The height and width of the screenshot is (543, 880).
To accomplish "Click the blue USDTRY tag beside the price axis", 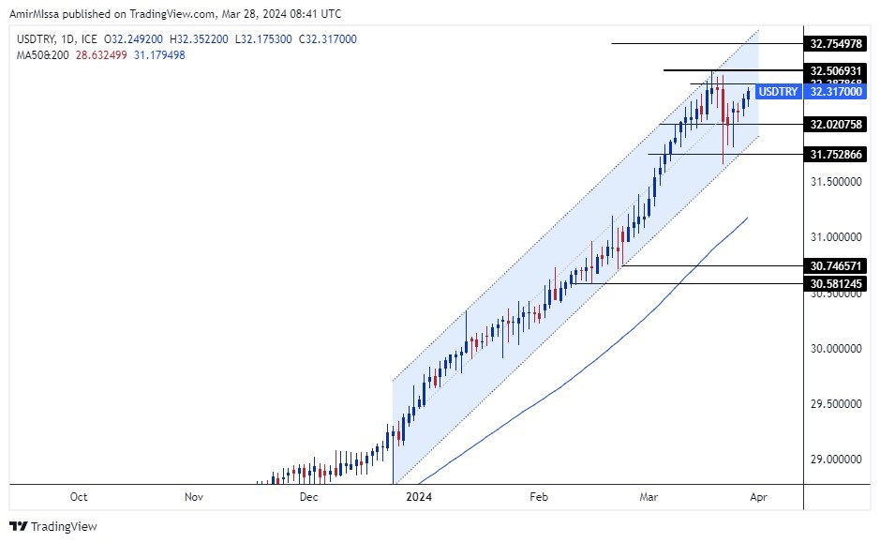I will pos(777,92).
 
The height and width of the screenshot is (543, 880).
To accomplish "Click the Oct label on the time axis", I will pos(79,497).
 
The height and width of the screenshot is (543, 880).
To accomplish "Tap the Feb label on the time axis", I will pos(537,497).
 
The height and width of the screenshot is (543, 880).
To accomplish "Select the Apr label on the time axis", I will pos(758,497).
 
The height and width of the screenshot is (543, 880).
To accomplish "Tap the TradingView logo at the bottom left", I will pos(53,526).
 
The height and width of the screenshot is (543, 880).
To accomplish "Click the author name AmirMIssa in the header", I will pos(36,14).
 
